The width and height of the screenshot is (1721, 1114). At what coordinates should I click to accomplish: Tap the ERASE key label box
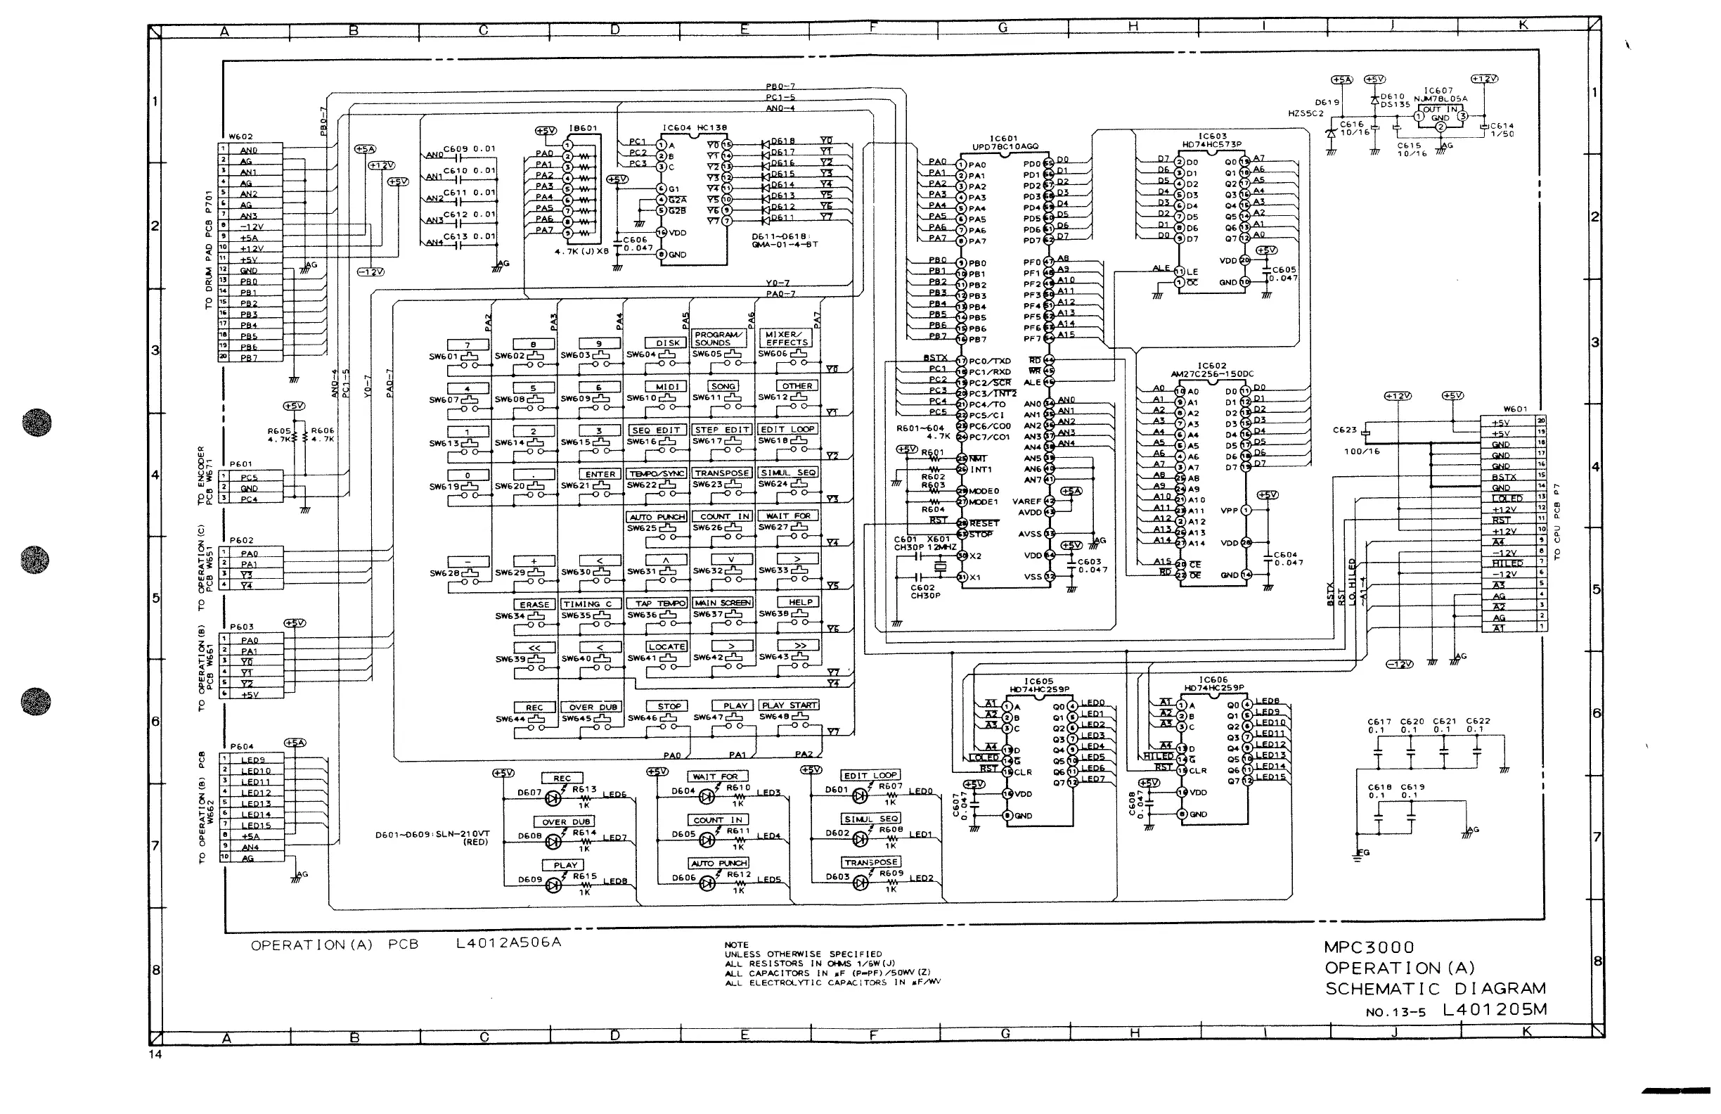tap(534, 605)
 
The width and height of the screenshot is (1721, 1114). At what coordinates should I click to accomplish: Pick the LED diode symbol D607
tap(555, 799)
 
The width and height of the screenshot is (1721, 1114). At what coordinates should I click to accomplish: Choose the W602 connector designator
tap(241, 136)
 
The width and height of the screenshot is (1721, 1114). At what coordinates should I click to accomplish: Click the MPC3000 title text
tap(1369, 947)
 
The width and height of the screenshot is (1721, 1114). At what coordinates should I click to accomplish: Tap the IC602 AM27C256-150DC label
tap(1212, 371)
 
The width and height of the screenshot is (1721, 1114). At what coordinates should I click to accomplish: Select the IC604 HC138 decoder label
tap(694, 128)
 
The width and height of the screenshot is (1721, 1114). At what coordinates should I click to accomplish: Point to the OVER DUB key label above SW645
tap(593, 708)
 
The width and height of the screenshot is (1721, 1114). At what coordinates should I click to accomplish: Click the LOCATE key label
tap(666, 647)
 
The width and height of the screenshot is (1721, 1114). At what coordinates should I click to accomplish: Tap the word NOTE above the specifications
tap(737, 945)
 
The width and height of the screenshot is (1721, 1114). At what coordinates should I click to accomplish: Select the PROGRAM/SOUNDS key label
tap(718, 338)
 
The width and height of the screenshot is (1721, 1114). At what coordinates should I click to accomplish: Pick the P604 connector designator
tap(243, 746)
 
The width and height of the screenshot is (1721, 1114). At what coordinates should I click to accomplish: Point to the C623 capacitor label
tap(1345, 430)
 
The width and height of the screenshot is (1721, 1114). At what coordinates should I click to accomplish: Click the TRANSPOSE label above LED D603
tap(870, 862)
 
